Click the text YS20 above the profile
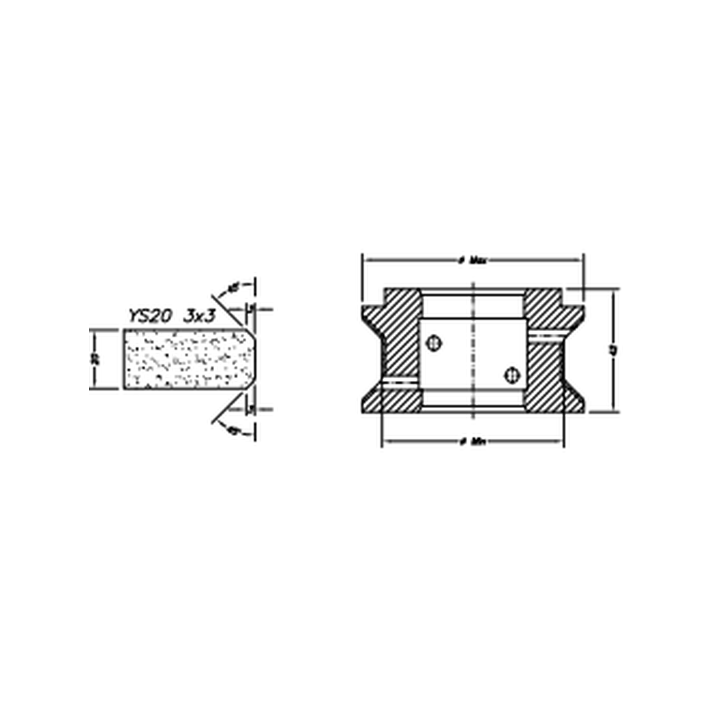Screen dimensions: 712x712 pos(149,315)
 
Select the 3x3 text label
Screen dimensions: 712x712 pos(200,315)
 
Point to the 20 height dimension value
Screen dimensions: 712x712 pos(97,359)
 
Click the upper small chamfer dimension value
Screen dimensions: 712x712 pos(253,308)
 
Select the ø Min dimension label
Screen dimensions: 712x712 pos(473,442)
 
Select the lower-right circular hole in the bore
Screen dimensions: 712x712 pos(512,375)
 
